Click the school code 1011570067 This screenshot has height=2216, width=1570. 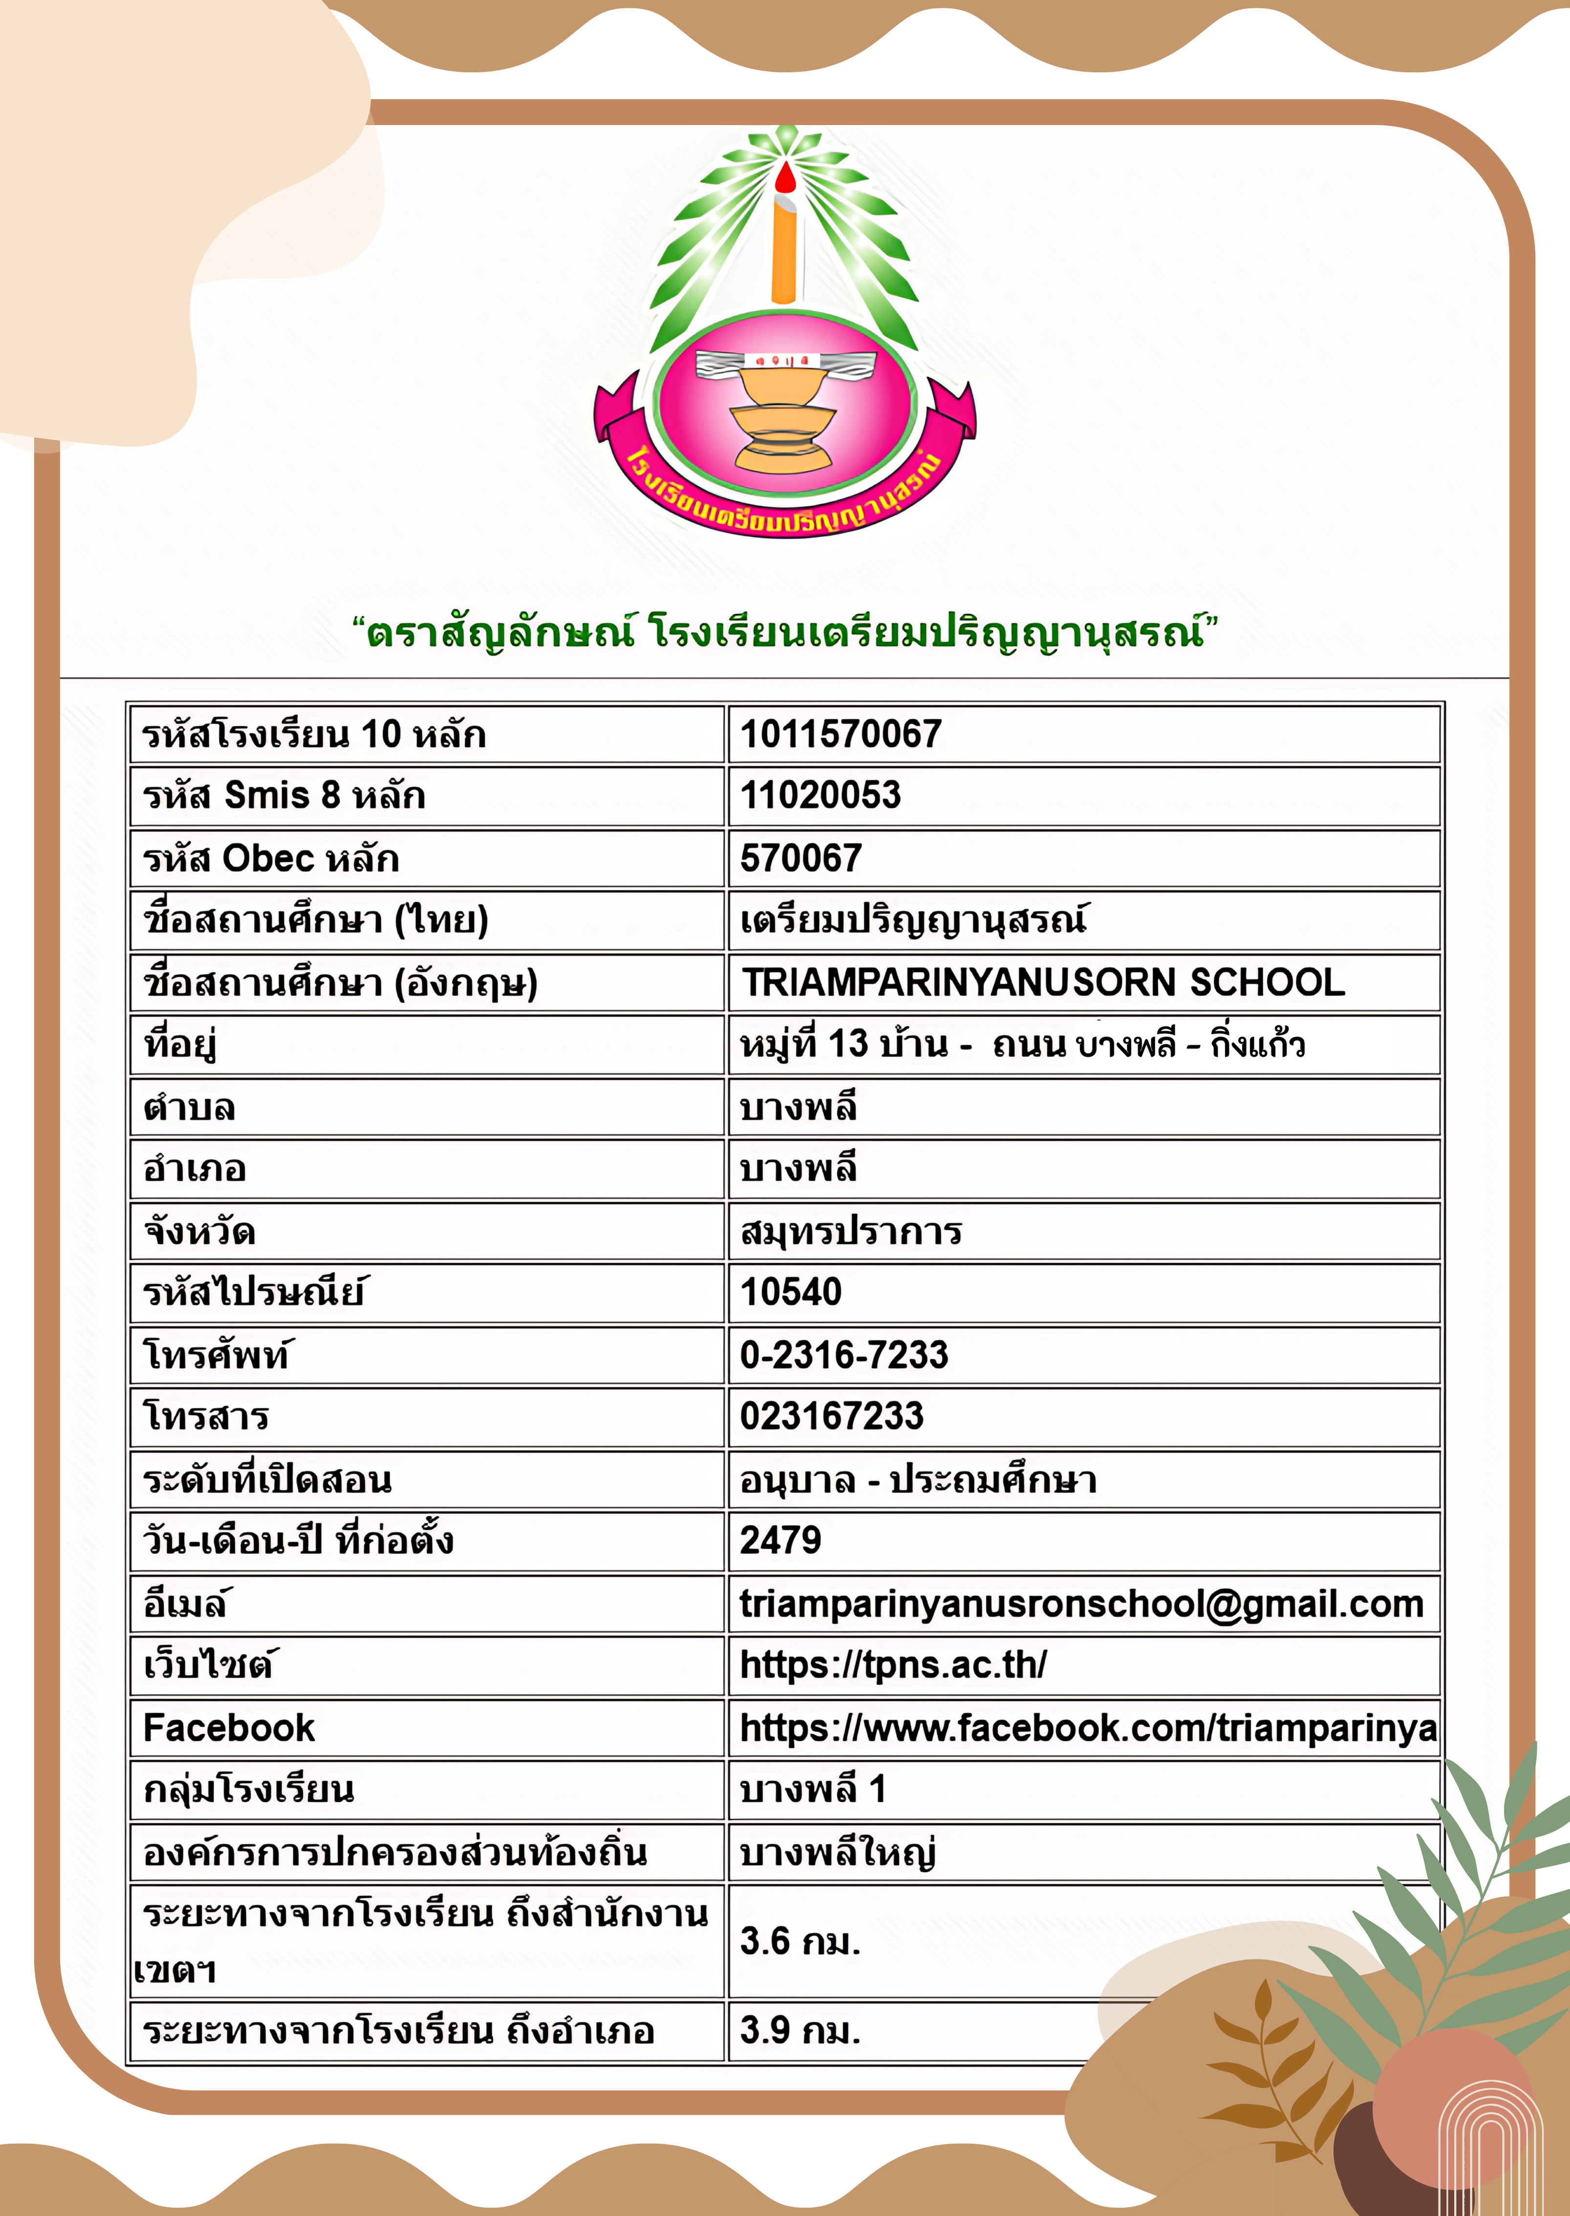(840, 734)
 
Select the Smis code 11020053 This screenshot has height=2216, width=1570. (820, 796)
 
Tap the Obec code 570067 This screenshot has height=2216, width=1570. (801, 858)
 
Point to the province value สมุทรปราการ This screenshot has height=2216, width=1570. (850, 1231)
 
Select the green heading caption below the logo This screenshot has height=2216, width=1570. (785, 633)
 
